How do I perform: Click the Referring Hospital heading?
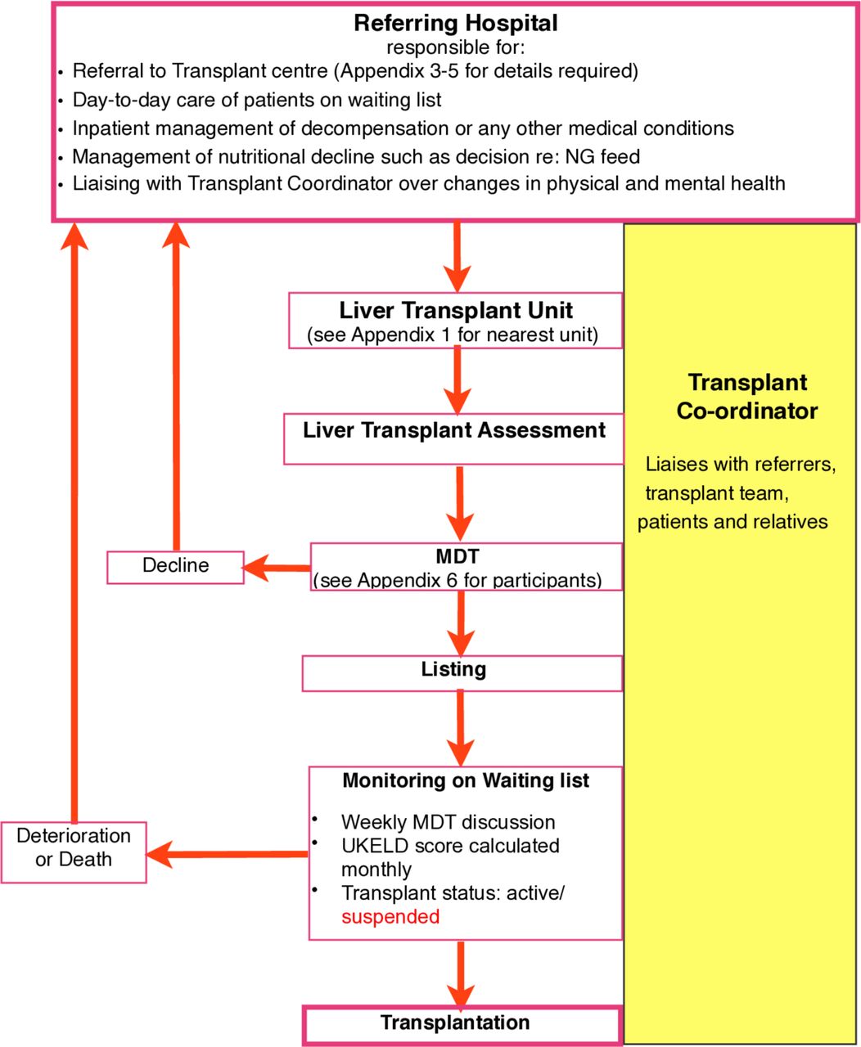(x=456, y=24)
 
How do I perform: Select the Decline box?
(x=175, y=567)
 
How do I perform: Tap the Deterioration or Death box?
(x=74, y=852)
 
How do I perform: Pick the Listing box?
(x=462, y=673)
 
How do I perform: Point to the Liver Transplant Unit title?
(x=456, y=310)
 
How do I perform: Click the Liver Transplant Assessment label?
(x=454, y=430)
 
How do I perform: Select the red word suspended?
(x=390, y=916)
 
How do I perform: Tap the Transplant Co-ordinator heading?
(x=746, y=397)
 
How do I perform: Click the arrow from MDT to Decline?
(x=277, y=568)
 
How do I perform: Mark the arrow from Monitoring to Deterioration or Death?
(x=227, y=855)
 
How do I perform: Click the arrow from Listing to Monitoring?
(x=461, y=728)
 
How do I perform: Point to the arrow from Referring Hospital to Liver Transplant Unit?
(x=457, y=257)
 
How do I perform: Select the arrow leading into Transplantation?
(x=461, y=973)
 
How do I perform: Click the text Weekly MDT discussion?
(x=449, y=822)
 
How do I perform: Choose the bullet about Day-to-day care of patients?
(x=257, y=100)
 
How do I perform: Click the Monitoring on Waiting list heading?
(x=466, y=780)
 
